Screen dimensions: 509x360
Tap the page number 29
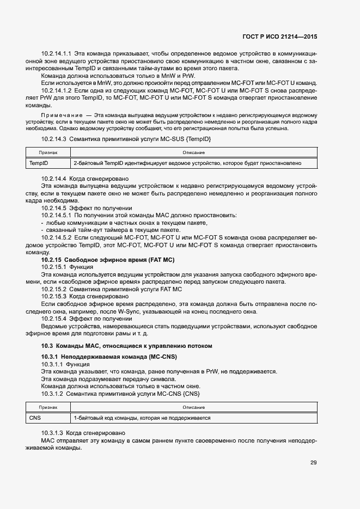tap(313, 463)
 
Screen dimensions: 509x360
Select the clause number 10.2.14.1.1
tap(57, 54)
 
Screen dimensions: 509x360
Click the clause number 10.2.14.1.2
tap(57, 90)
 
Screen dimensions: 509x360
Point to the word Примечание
tap(61, 116)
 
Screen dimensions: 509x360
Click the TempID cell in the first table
tap(39, 163)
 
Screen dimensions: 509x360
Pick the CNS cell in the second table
tap(35, 418)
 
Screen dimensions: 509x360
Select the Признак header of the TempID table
tap(48, 153)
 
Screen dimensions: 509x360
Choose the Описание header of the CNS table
tap(193, 408)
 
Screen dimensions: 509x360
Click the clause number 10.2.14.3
tap(53, 140)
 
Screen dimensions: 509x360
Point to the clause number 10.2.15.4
tap(53, 318)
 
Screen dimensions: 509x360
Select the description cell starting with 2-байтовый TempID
tap(187, 163)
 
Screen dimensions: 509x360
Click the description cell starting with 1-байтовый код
tap(142, 418)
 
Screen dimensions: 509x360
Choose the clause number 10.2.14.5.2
tap(57, 238)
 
